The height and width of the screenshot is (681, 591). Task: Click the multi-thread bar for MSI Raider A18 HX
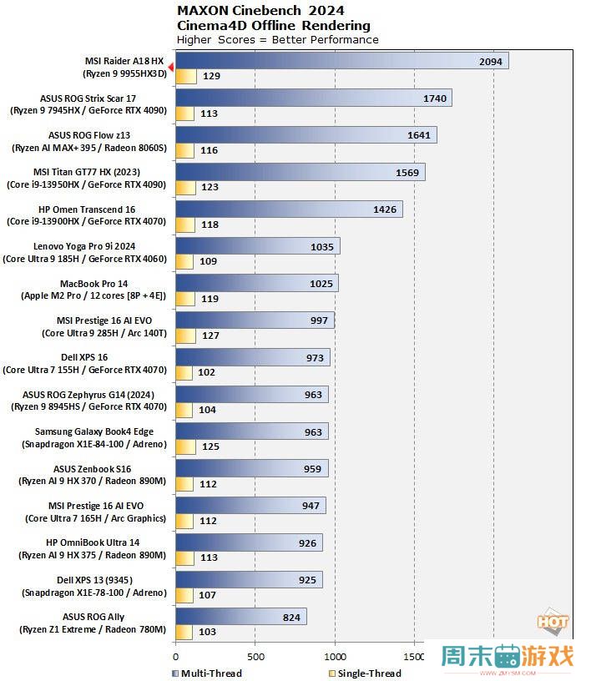pos(341,61)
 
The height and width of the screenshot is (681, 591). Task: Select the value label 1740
pos(435,98)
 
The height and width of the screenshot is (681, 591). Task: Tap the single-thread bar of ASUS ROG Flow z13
pos(184,150)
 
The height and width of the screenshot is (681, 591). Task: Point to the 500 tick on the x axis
pos(255,656)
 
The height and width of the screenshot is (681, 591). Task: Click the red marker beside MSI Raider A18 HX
pos(170,67)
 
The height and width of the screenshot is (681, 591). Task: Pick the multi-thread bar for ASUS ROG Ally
pos(240,617)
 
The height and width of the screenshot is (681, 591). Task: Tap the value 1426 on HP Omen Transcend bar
pos(385,209)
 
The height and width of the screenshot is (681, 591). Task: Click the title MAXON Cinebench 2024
pos(261,11)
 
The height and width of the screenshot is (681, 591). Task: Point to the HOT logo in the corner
pos(553,623)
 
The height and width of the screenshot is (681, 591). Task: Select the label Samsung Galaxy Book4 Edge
pos(93,437)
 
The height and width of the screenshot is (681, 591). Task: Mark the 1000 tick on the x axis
pos(335,656)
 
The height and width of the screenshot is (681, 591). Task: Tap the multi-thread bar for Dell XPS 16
pos(252,357)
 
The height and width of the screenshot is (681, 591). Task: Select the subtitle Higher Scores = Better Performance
pos(277,39)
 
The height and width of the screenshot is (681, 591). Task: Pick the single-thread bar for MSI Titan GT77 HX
pos(185,188)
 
